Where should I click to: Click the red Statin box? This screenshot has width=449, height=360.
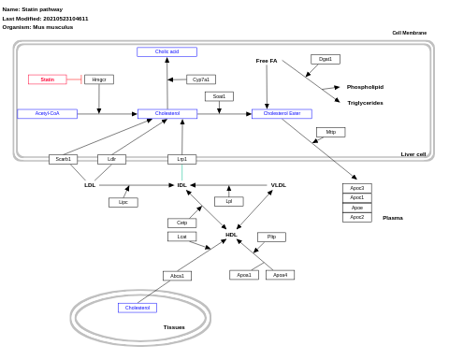click(47, 79)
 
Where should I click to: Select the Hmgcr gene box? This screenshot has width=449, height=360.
click(98, 79)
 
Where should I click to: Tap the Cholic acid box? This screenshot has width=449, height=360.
click(167, 51)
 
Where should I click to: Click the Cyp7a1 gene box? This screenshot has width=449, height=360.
click(201, 79)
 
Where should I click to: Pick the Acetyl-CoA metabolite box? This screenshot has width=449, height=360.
click(47, 113)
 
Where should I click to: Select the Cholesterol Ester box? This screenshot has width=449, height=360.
click(282, 113)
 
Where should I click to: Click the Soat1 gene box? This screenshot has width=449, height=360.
click(219, 96)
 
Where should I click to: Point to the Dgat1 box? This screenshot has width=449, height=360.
click(326, 59)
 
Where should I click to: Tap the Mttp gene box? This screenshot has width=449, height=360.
click(330, 132)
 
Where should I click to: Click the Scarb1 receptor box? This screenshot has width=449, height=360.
click(63, 159)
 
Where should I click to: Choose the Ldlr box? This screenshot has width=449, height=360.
click(111, 159)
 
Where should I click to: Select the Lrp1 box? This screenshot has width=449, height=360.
click(181, 159)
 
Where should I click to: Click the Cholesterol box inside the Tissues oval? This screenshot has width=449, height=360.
click(138, 308)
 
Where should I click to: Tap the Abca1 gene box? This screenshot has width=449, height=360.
click(177, 276)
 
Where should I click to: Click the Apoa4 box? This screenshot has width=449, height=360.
click(280, 275)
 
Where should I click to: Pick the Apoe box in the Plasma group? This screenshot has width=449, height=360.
click(356, 208)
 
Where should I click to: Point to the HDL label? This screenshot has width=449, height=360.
click(231, 235)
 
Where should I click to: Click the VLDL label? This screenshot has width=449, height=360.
click(279, 185)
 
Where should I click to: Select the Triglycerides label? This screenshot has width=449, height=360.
click(365, 103)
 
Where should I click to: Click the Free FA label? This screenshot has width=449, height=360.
click(267, 61)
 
